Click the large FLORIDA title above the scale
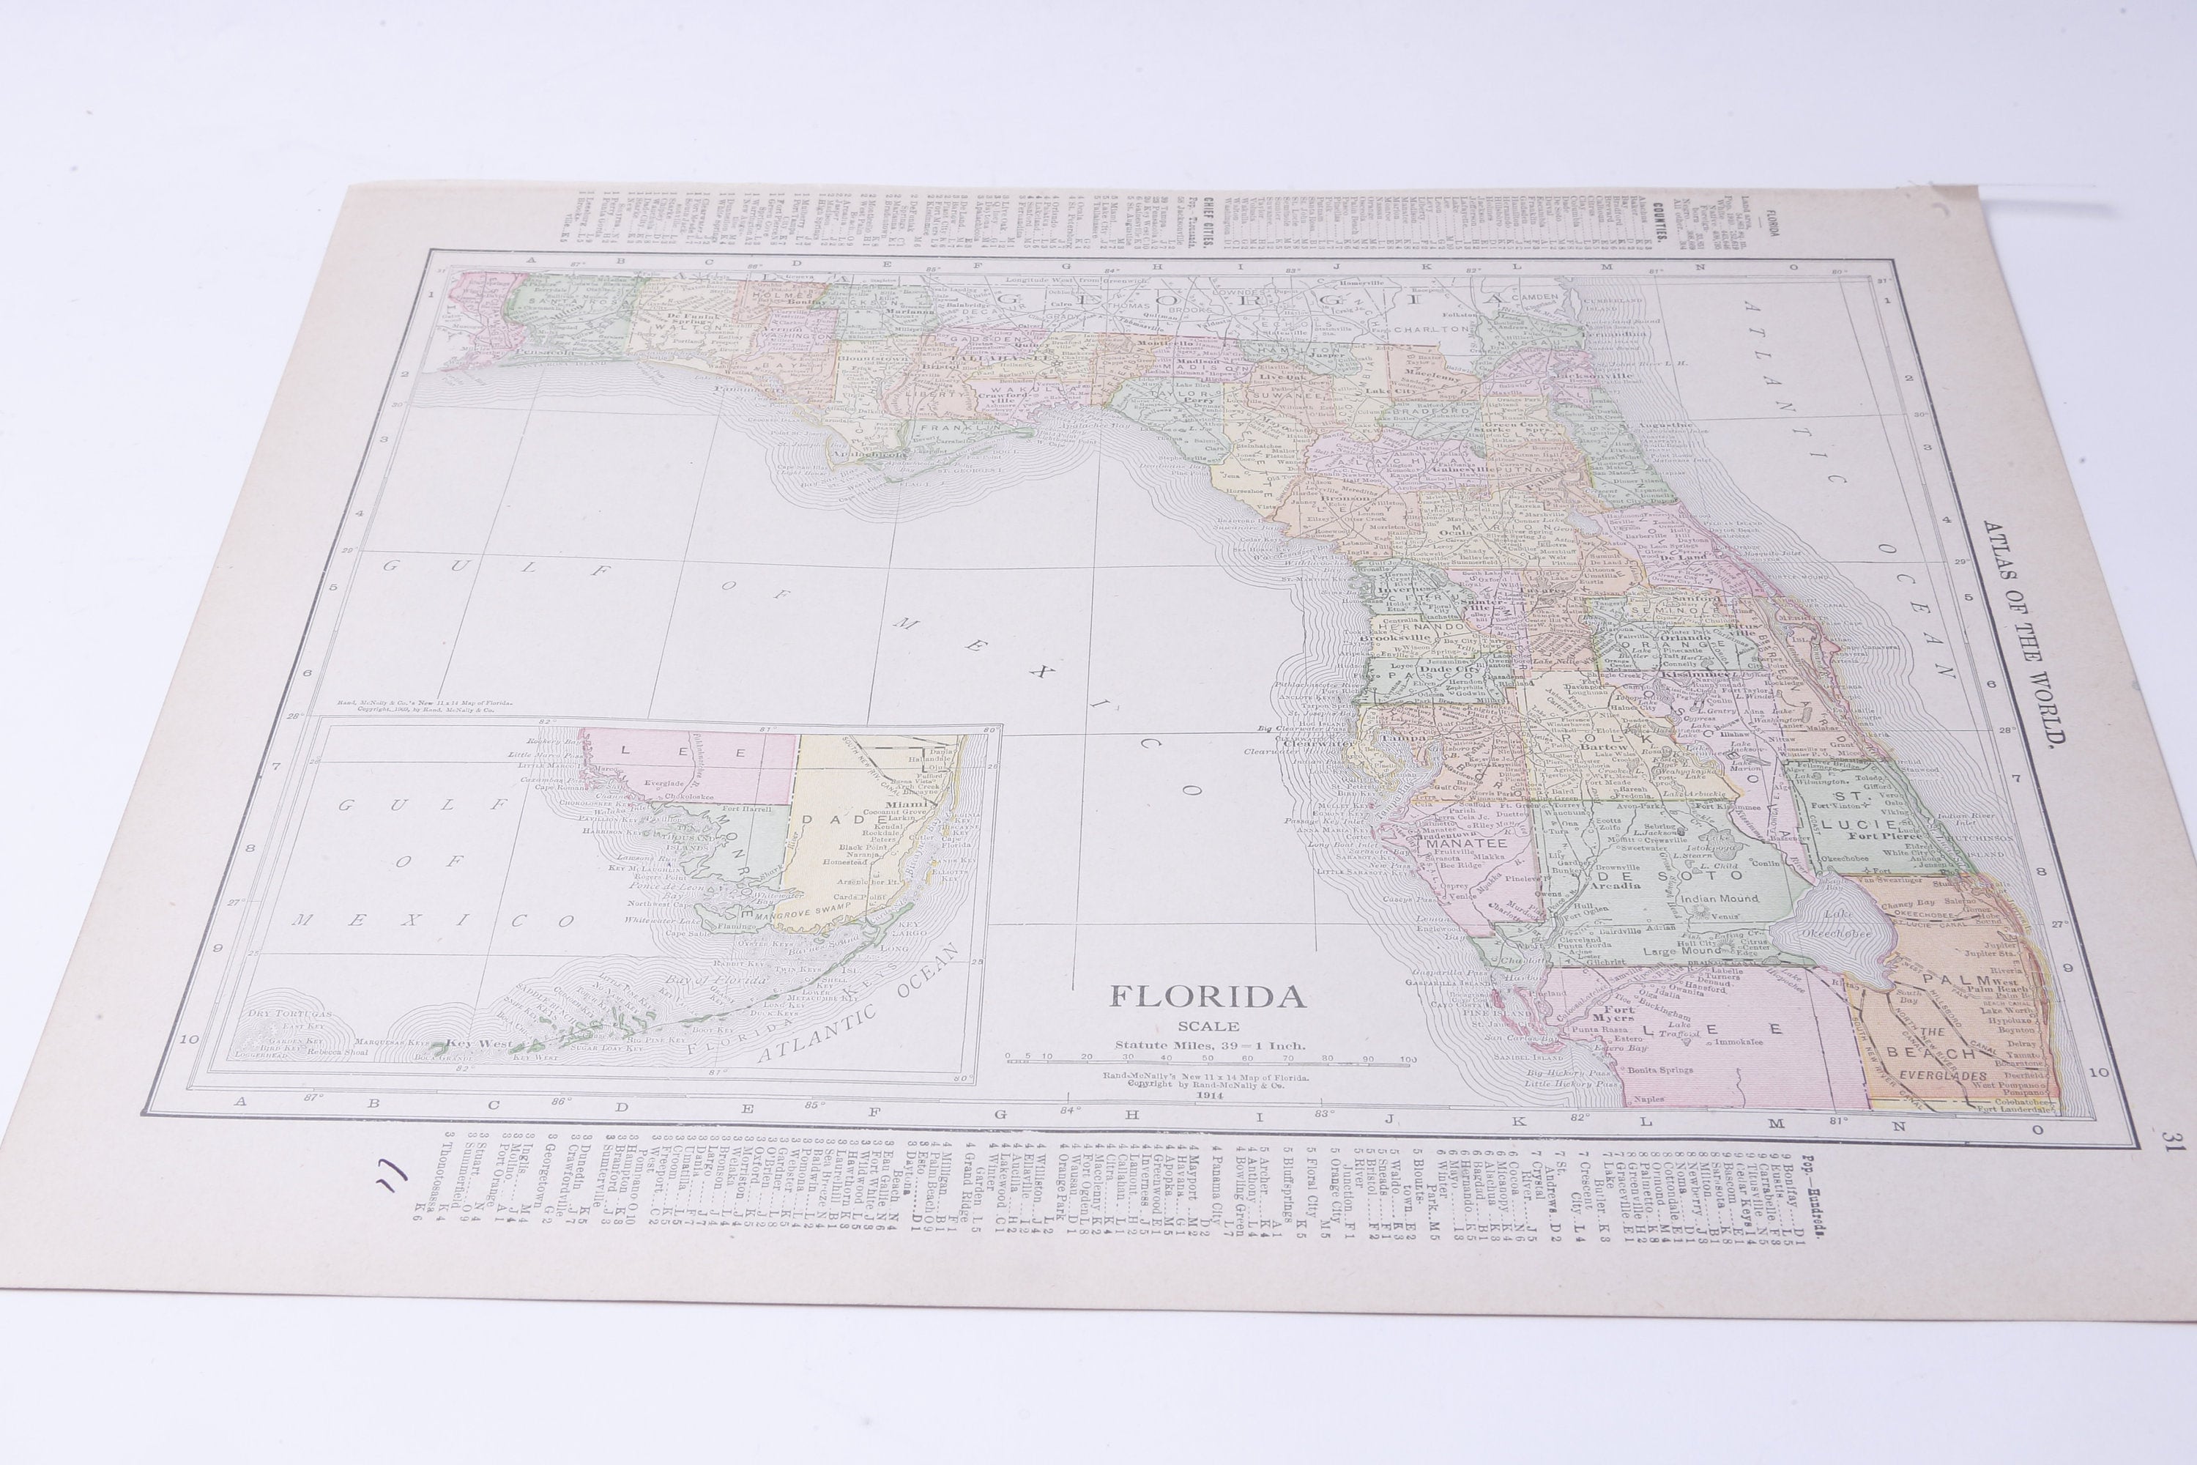point(1207,997)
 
